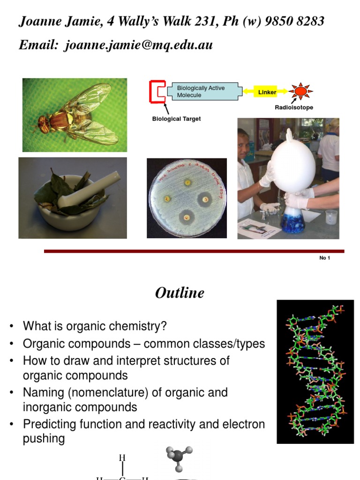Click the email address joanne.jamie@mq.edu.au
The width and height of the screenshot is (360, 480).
(139, 45)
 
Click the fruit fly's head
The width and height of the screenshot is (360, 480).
(44, 124)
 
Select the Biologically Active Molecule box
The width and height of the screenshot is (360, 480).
(206, 91)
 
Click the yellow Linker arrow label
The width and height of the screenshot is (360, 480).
(267, 92)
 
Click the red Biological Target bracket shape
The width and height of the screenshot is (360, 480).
(156, 91)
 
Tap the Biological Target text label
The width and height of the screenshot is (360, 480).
(176, 119)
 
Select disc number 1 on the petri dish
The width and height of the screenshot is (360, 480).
(187, 182)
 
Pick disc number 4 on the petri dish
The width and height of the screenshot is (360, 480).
(186, 218)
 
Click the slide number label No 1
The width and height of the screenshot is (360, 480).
(324, 258)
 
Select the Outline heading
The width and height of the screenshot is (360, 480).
(180, 293)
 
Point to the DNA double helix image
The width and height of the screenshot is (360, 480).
(315, 371)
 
